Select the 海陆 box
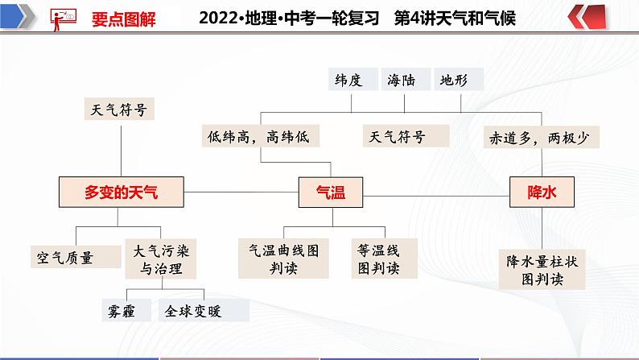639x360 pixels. click(x=405, y=80)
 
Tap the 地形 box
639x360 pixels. click(x=459, y=80)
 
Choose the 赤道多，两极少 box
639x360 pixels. click(x=538, y=137)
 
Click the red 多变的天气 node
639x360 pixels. click(x=122, y=192)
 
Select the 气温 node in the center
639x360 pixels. click(x=328, y=192)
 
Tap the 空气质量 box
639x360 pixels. click(x=65, y=258)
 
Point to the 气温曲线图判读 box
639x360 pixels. click(x=283, y=259)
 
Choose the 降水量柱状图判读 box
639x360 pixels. click(x=537, y=270)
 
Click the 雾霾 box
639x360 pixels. click(x=124, y=309)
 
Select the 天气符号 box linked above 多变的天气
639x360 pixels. click(x=120, y=108)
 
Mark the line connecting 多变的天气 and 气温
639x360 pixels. click(x=241, y=192)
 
